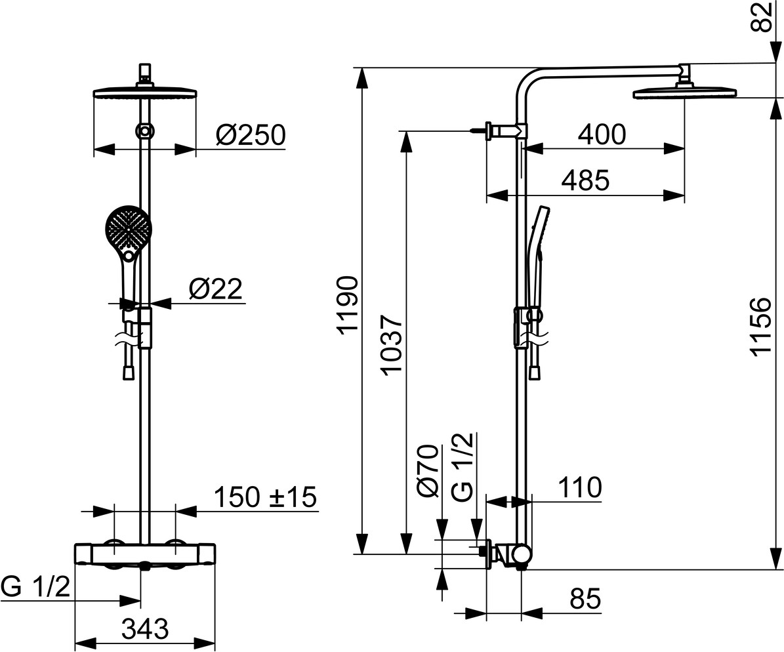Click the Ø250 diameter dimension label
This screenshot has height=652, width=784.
click(x=251, y=134)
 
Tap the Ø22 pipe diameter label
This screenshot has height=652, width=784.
click(x=215, y=289)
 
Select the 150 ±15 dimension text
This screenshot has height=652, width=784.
click(x=266, y=497)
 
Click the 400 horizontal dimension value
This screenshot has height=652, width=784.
click(x=602, y=134)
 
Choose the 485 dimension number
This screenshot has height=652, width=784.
click(x=586, y=180)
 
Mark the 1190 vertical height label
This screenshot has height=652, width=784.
click(x=347, y=304)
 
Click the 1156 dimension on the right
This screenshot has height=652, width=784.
click(x=762, y=327)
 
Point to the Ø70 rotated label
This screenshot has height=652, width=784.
click(x=428, y=471)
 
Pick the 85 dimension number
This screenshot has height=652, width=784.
click(x=585, y=598)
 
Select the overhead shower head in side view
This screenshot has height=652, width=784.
click(x=686, y=93)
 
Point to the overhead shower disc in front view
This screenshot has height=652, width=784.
click(x=145, y=94)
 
